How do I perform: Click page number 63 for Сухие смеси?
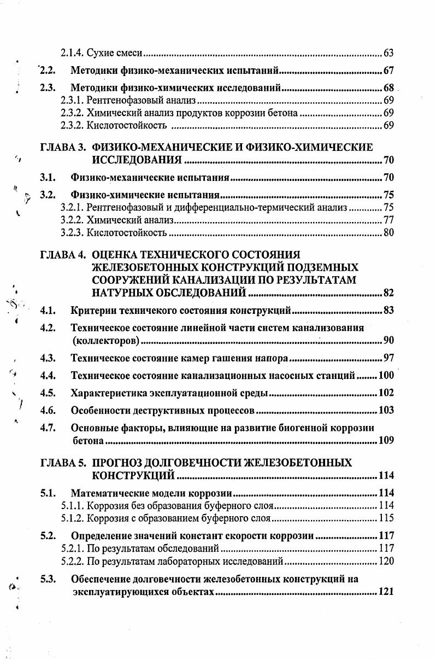point(388,53)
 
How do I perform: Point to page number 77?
point(388,220)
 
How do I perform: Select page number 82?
point(388,294)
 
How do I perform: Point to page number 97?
point(388,359)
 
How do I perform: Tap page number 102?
point(386,393)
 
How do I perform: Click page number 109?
point(386,440)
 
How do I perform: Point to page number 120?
point(386,561)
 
